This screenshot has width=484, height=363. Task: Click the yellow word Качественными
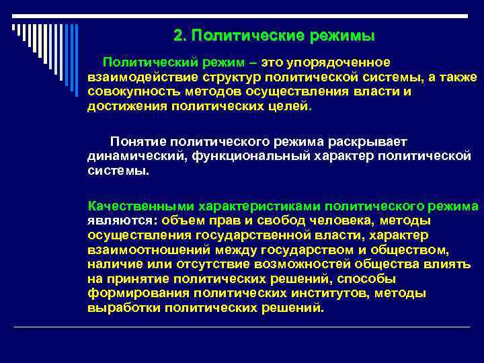tap(129, 206)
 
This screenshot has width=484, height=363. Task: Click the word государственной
tap(255, 235)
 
